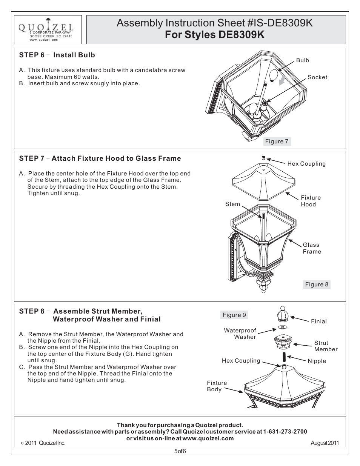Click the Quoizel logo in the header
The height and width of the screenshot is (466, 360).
point(46,26)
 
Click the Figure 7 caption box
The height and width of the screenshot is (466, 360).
point(277,141)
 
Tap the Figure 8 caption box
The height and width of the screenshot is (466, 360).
point(317,285)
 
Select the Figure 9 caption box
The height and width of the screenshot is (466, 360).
point(234,315)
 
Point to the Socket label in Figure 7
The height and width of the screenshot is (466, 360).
point(317,77)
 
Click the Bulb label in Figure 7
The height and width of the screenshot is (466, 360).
point(302,60)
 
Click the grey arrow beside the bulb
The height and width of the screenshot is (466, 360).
point(282,79)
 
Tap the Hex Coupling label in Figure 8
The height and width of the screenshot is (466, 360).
point(306,164)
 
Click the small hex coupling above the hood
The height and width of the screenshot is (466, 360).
point(264,158)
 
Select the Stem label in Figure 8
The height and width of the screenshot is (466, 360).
point(232,204)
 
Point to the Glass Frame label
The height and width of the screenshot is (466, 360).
point(312,248)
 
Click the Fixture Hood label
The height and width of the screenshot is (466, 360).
point(311,201)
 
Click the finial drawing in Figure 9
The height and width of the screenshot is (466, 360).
point(283,314)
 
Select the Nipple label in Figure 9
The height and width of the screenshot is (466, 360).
point(317,361)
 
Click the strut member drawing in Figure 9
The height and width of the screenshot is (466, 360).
point(283,341)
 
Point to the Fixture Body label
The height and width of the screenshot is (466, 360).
point(217,386)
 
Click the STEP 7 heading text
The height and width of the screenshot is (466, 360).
point(100,158)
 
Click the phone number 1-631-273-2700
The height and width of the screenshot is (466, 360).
point(285,432)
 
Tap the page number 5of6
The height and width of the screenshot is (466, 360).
point(180,451)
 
